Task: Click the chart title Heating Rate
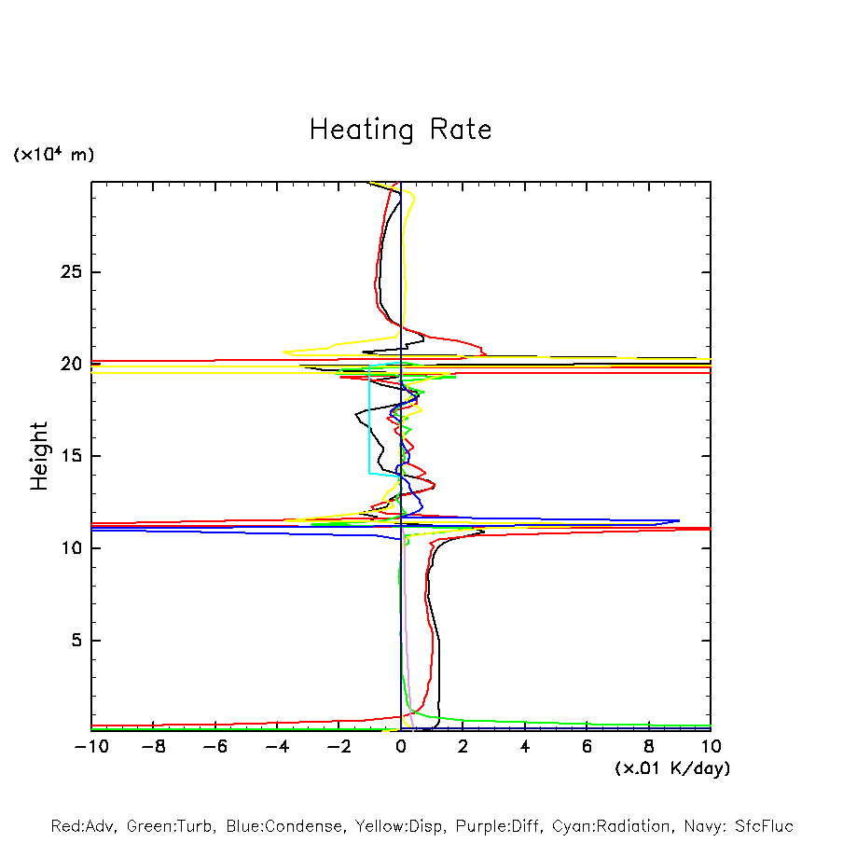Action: (x=400, y=130)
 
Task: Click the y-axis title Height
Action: (x=39, y=456)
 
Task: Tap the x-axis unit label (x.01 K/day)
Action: (x=672, y=768)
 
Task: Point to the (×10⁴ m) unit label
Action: (x=53, y=155)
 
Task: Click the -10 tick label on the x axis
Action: (x=90, y=747)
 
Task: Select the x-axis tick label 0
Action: (x=401, y=747)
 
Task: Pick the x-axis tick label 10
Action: (x=710, y=747)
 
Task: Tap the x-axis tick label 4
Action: (x=525, y=747)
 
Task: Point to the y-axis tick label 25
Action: (x=66, y=272)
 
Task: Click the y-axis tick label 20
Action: (x=66, y=365)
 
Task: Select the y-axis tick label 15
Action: (x=66, y=456)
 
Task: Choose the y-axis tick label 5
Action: (x=72, y=641)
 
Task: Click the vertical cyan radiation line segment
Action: (x=369, y=420)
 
